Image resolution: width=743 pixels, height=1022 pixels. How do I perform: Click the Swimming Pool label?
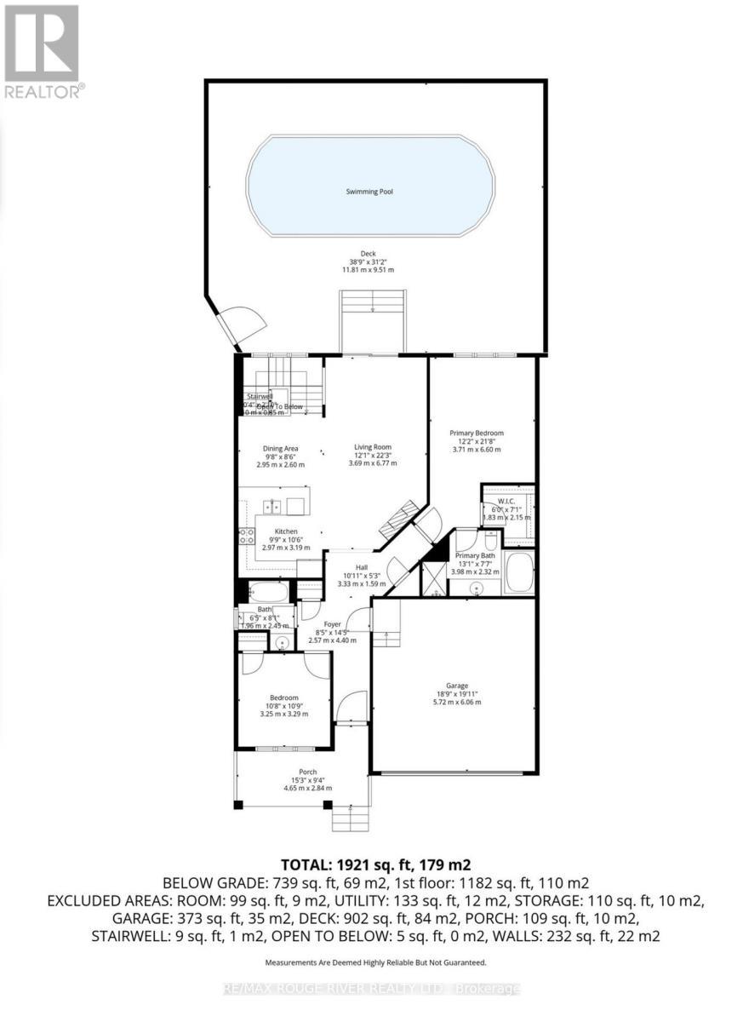369,192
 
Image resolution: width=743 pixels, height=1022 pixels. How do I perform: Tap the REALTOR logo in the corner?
42,50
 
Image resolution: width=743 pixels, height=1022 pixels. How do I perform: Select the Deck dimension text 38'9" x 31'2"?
368,261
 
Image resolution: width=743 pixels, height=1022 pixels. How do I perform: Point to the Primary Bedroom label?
477,433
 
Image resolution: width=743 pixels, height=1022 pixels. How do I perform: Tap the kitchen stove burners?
248,536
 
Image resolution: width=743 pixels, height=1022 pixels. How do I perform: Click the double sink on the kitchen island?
273,506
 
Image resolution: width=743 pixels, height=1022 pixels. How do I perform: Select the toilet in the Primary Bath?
490,542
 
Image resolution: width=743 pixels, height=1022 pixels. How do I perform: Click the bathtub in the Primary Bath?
518,572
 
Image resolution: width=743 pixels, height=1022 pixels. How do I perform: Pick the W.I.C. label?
507,501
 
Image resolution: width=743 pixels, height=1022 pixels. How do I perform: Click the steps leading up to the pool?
372,320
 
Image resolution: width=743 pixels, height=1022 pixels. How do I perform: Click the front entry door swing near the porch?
351,707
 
